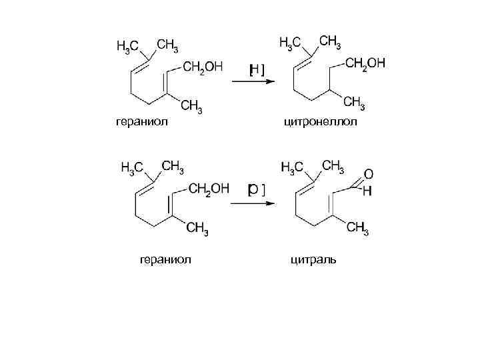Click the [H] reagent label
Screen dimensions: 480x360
[x=256, y=69]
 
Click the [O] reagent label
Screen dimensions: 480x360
[x=256, y=190]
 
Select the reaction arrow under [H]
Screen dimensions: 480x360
[x=253, y=83]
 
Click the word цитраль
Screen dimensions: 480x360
[x=313, y=259]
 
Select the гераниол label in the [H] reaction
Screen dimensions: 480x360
[x=137, y=122]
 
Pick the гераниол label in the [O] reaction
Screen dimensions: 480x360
[x=164, y=259]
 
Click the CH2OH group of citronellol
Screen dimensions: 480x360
[x=365, y=64]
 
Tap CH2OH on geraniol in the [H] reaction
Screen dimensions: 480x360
[x=203, y=67]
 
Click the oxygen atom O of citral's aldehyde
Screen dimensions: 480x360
[x=368, y=174]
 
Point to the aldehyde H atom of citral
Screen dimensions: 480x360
[x=367, y=191]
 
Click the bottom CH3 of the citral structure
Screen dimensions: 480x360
[x=357, y=229]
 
